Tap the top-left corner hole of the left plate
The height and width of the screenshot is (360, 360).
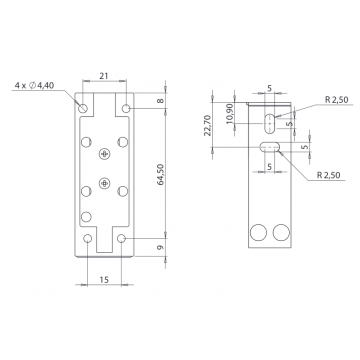click(x=84, y=105)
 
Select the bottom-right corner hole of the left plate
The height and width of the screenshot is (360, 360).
click(x=123, y=240)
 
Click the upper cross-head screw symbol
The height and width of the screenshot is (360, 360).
click(x=104, y=152)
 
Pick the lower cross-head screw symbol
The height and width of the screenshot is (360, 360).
click(x=104, y=182)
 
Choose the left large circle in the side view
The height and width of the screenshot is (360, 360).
click(x=258, y=232)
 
